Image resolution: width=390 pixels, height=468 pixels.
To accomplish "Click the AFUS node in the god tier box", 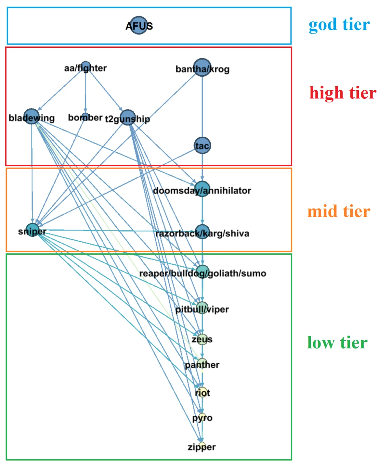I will click(x=139, y=25).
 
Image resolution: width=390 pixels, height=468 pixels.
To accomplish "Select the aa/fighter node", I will click(x=85, y=66).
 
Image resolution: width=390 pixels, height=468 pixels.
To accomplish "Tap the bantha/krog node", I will click(x=202, y=68).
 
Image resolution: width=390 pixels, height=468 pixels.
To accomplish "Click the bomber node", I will click(x=85, y=117).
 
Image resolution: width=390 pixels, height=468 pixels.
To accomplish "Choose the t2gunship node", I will click(x=128, y=118).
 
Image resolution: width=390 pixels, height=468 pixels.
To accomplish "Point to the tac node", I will click(x=202, y=145).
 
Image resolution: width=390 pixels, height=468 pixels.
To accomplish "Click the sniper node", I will click(x=32, y=230).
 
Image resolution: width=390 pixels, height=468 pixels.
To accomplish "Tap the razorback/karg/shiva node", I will click(x=202, y=232).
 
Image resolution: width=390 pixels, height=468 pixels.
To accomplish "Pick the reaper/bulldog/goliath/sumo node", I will click(x=202, y=272).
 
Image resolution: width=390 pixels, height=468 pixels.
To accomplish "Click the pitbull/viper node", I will click(x=202, y=308).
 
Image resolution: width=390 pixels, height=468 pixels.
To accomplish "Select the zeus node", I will click(x=202, y=339).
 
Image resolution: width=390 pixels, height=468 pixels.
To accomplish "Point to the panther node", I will click(x=202, y=364).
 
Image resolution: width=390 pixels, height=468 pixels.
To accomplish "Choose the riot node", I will click(x=202, y=392).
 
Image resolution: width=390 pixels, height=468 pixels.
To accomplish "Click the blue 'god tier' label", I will click(x=339, y=25).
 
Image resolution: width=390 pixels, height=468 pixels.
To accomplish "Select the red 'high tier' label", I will click(x=343, y=93).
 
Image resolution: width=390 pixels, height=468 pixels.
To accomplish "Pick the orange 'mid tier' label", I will click(x=339, y=211).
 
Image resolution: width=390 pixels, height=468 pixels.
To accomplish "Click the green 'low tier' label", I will click(x=337, y=343).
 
